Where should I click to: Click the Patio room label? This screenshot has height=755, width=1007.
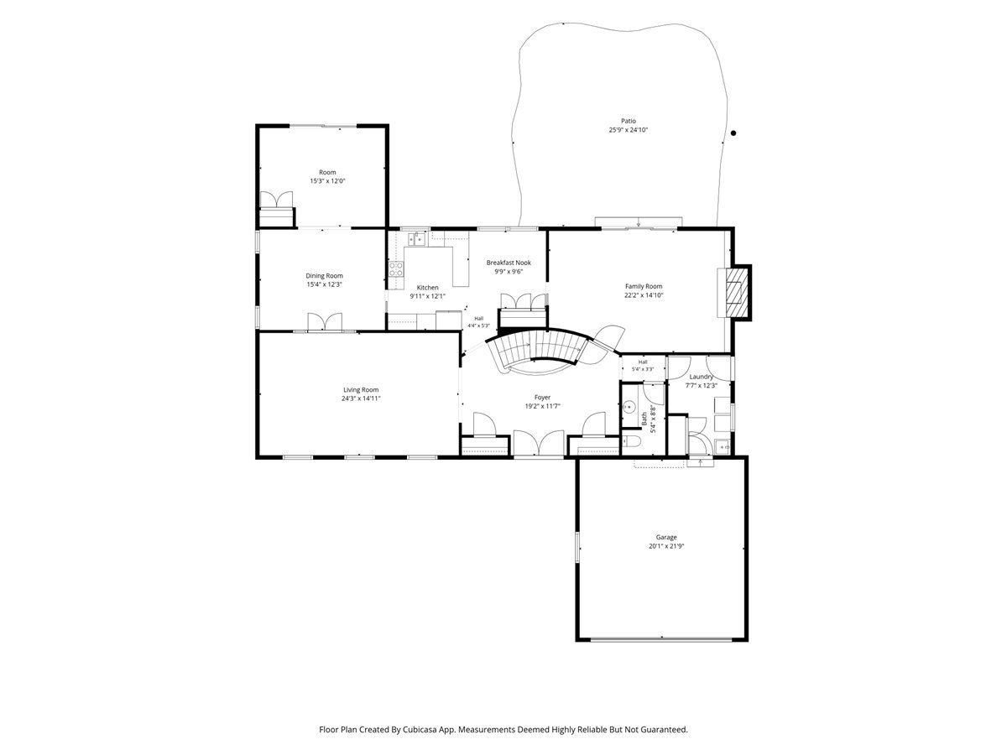point(628,121)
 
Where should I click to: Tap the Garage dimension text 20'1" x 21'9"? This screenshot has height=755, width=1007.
point(666,546)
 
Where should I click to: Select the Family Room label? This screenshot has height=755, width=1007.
point(643,286)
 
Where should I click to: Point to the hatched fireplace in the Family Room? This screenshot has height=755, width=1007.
point(737,293)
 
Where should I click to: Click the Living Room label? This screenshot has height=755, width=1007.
point(361,389)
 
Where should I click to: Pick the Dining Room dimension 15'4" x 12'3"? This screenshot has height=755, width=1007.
point(325,284)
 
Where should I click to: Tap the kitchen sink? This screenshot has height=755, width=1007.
point(416,239)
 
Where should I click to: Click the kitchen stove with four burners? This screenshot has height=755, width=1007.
point(396,268)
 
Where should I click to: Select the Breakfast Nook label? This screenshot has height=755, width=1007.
point(509,263)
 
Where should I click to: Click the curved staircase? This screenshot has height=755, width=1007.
point(538,351)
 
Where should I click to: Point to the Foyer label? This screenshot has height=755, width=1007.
point(542,398)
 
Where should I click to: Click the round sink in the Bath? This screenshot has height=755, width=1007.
point(629,406)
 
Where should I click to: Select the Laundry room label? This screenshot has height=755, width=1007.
point(701,377)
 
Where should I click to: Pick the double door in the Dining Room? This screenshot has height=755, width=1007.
point(325,321)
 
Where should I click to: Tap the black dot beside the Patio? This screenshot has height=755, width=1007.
point(733,133)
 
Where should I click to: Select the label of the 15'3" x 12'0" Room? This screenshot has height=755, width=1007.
point(327,172)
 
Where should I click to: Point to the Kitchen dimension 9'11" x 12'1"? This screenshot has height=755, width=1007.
point(427,296)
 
